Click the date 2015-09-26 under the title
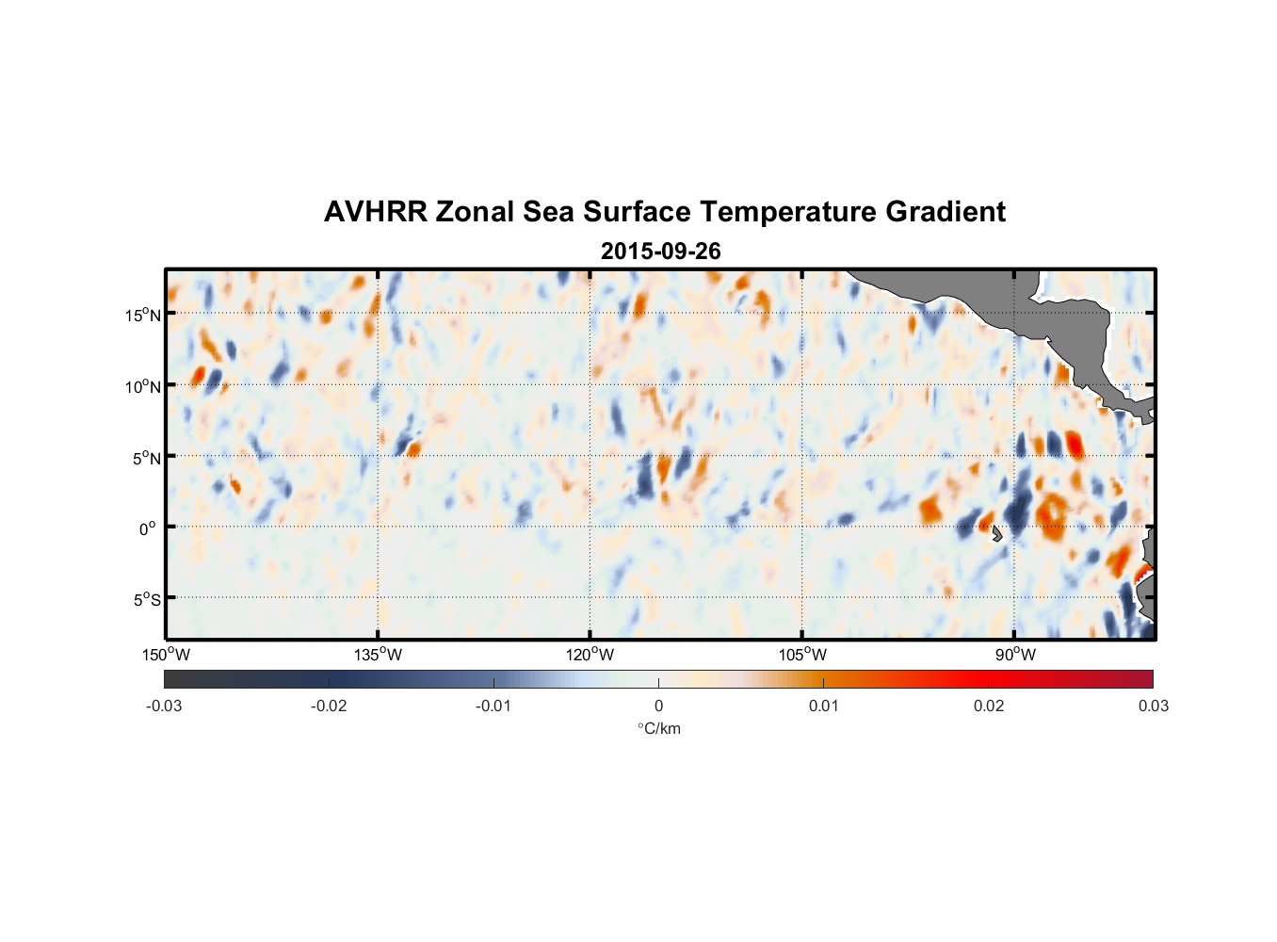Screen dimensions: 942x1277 point(660,252)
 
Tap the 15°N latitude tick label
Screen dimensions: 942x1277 point(142,315)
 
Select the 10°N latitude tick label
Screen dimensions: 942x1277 point(142,386)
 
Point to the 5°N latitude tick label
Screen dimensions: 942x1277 point(146,458)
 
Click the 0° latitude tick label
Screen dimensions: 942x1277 point(148,529)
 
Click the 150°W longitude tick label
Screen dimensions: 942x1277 point(167,655)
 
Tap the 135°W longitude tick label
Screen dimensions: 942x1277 point(379,655)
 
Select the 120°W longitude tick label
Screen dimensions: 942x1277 point(590,655)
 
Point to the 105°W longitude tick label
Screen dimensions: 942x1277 point(802,655)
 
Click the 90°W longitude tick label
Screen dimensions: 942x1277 point(1015,655)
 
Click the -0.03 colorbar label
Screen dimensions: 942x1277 point(164,706)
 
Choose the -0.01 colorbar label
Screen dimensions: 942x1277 point(493,706)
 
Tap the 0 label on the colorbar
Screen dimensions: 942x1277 point(658,706)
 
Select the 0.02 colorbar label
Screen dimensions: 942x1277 point(989,706)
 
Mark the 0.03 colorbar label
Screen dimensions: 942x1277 point(1153,706)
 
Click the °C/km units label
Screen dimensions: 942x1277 point(658,728)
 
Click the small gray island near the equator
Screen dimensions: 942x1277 point(996,534)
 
